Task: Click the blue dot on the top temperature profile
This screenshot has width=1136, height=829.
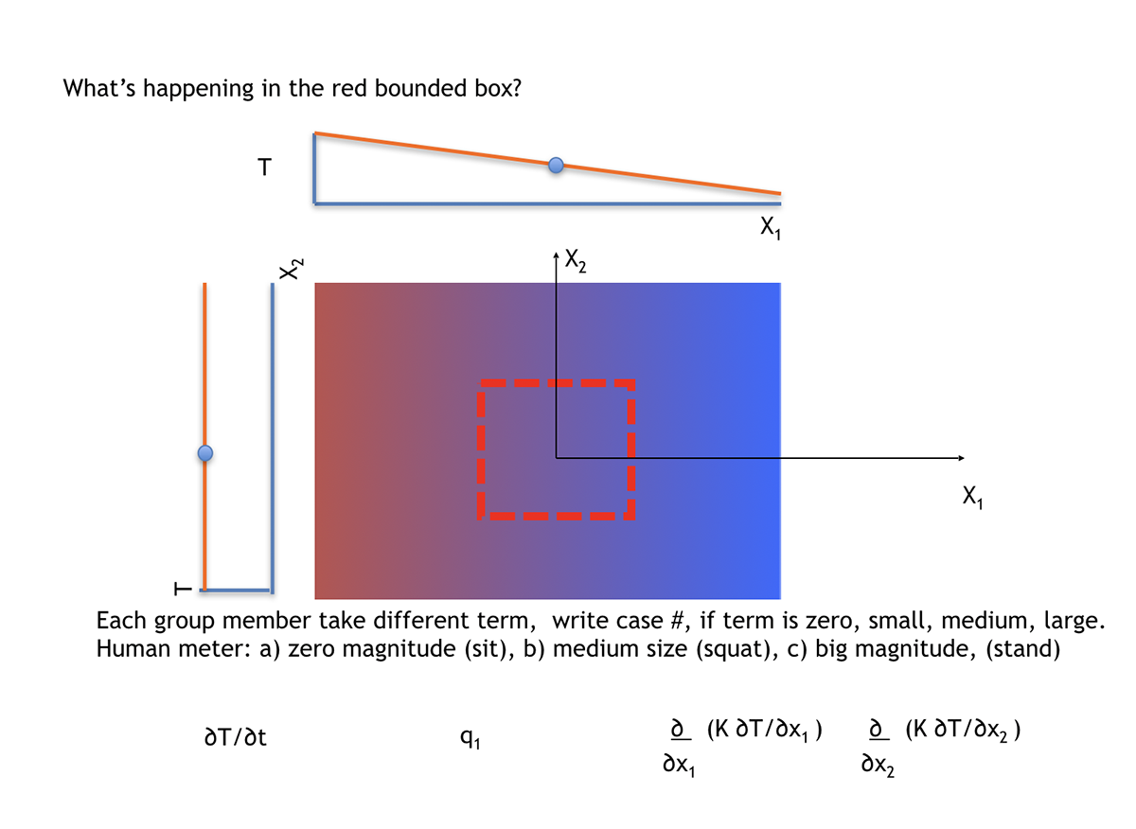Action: point(557,166)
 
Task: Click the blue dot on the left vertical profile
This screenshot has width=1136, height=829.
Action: point(204,454)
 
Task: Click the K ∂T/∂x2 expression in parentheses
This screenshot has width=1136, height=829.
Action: point(961,730)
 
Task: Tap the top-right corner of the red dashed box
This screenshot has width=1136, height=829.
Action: point(631,383)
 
